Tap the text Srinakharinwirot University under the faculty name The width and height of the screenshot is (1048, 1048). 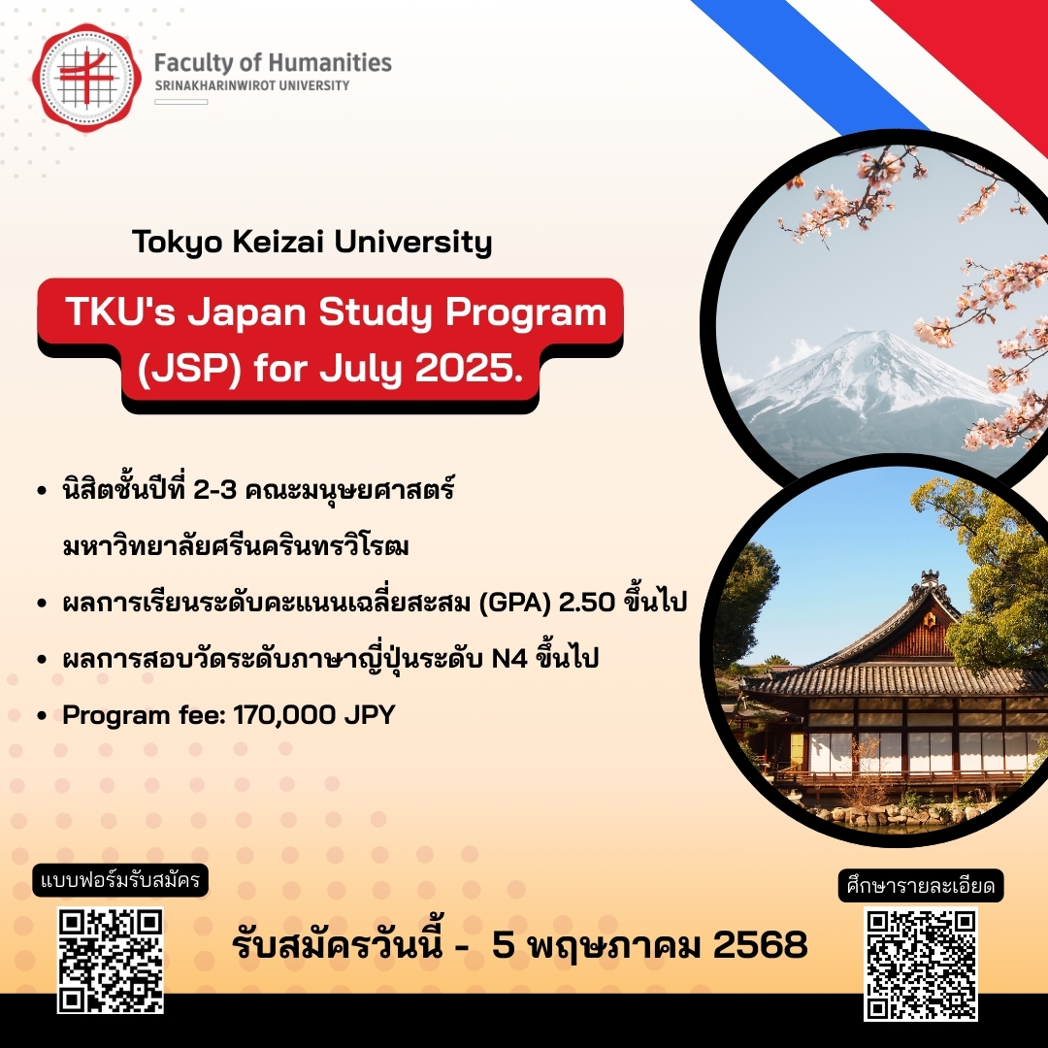pyautogui.click(x=252, y=86)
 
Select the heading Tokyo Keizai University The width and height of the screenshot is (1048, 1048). pyautogui.click(x=312, y=242)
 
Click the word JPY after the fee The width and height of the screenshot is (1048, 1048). pyautogui.click(x=370, y=716)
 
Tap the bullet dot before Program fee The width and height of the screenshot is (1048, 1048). pyautogui.click(x=42, y=717)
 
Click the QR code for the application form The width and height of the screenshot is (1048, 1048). pyautogui.click(x=109, y=961)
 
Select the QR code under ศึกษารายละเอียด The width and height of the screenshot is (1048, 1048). pyautogui.click(x=920, y=963)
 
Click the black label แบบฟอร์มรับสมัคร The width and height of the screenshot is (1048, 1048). pyautogui.click(x=121, y=882)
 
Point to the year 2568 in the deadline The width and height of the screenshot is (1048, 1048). pyautogui.click(x=760, y=945)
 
